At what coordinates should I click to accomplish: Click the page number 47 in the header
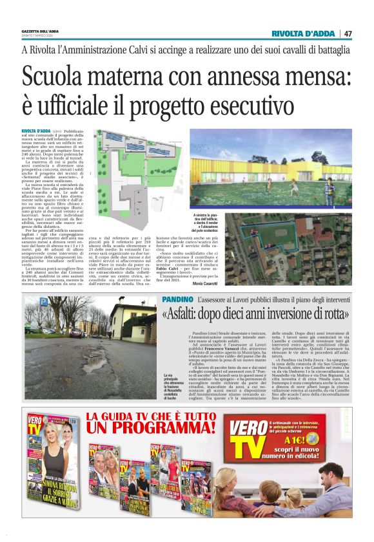[348, 33]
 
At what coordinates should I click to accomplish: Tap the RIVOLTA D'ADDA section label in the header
[304, 33]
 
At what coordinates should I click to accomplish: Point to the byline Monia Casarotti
[204, 283]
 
